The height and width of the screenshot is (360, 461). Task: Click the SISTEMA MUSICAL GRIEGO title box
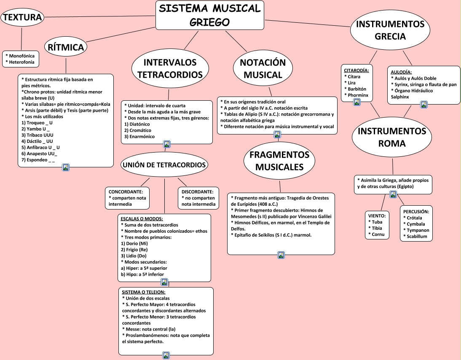pyautogui.click(x=210, y=15)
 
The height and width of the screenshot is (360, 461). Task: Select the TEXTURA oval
pyautogui.click(x=22, y=17)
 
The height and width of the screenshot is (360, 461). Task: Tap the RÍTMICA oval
pyautogui.click(x=66, y=47)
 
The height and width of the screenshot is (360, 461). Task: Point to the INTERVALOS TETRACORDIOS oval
pyautogui.click(x=170, y=69)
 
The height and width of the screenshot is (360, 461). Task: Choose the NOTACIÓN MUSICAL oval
pyautogui.click(x=263, y=69)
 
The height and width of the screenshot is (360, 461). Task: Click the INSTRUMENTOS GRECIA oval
pyautogui.click(x=390, y=30)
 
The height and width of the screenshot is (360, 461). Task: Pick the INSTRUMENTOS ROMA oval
pyautogui.click(x=392, y=137)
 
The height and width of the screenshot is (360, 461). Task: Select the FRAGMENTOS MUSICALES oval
pyautogui.click(x=279, y=161)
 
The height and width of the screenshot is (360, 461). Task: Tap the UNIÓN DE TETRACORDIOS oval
pyautogui.click(x=164, y=165)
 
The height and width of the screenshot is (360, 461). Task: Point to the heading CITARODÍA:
pyautogui.click(x=356, y=70)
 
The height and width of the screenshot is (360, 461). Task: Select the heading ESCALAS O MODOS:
pyautogui.click(x=142, y=219)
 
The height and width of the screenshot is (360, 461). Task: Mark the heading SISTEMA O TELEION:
pyautogui.click(x=144, y=292)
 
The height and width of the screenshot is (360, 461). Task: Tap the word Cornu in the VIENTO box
pyautogui.click(x=378, y=234)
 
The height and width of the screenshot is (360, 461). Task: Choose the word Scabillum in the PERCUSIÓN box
pyautogui.click(x=417, y=236)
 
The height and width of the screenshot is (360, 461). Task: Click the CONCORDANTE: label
pyautogui.click(x=126, y=191)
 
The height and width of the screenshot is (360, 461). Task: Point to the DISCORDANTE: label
pyautogui.click(x=198, y=191)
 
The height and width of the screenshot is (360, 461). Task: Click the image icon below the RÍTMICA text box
pyautogui.click(x=66, y=167)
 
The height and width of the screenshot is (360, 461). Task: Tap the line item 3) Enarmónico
pyautogui.click(x=139, y=137)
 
